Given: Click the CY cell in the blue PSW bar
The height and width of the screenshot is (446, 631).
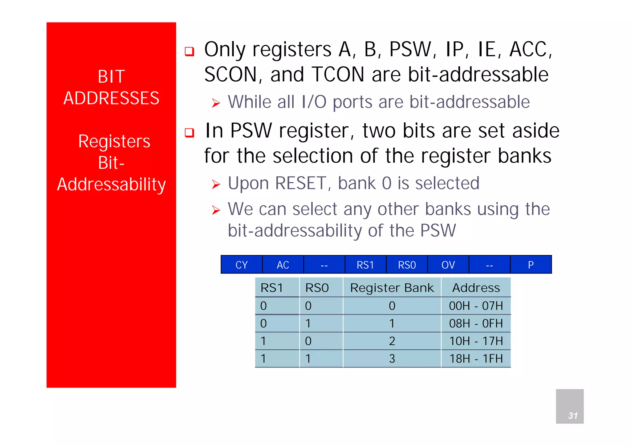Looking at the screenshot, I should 242,265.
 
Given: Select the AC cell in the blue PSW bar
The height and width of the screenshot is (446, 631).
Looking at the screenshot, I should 283,265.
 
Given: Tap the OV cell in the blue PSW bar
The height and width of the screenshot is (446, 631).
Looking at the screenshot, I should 448,265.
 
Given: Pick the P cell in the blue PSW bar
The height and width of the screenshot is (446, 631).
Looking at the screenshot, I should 531,265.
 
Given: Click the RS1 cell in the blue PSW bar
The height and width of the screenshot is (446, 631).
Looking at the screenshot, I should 365,265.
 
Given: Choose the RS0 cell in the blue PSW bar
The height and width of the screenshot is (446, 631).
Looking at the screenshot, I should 407,265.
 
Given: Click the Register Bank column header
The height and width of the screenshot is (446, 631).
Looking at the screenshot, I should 392,288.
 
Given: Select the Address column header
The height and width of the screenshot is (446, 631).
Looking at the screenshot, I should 476,288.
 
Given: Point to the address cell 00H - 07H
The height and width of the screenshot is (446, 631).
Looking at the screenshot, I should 476,306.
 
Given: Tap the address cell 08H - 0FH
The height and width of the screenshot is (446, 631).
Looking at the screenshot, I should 476,323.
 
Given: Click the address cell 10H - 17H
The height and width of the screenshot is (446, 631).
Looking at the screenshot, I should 476,341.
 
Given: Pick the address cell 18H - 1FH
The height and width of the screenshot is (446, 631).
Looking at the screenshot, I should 476,359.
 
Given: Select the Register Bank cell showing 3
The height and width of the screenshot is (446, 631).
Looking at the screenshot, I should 392,359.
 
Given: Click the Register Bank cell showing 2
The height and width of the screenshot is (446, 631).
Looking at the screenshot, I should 392,341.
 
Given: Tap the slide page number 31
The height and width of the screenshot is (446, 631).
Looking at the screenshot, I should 573,416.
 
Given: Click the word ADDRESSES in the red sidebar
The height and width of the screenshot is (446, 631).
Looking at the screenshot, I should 111,98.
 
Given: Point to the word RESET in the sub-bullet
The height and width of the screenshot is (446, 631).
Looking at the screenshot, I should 301,183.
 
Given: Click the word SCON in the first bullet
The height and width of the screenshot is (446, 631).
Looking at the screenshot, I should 230,75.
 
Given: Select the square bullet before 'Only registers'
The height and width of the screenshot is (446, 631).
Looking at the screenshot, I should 189,51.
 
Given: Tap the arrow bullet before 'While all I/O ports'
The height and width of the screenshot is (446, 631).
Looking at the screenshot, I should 216,103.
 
